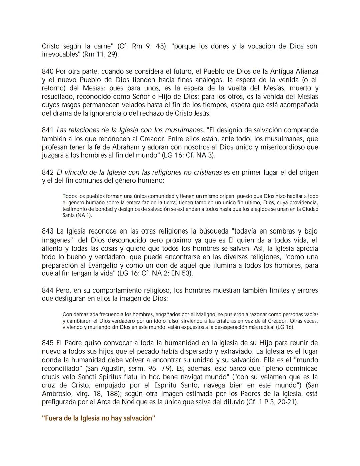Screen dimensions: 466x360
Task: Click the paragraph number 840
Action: tap(48, 71)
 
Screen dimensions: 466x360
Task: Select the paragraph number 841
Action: tap(48, 130)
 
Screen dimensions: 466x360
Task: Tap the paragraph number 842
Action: tap(48, 172)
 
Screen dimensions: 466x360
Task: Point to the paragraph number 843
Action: tap(48, 231)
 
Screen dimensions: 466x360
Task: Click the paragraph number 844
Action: tap(48, 290)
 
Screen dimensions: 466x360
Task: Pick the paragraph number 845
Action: tap(48, 343)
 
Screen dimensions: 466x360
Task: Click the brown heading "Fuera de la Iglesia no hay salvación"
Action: tap(99, 418)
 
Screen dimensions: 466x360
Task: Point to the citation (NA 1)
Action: tap(83, 215)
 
